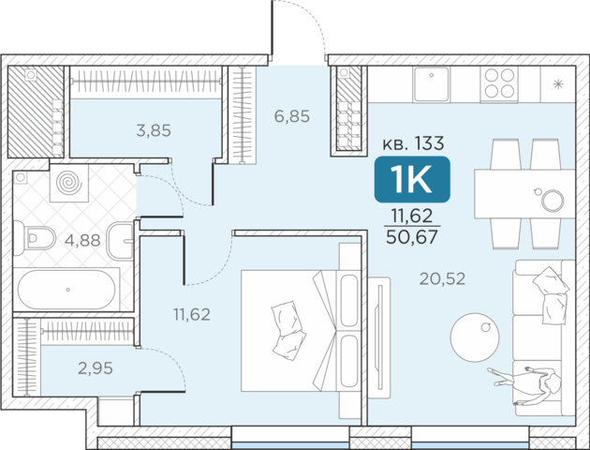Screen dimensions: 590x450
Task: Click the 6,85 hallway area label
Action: [292, 116]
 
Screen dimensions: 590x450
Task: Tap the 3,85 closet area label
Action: [154, 130]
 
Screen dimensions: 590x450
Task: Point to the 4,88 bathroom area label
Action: [82, 240]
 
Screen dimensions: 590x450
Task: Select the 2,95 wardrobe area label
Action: [96, 368]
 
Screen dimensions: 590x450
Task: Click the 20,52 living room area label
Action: [442, 278]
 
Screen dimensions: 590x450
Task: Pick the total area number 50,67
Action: [412, 237]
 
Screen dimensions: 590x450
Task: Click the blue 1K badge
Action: [412, 179]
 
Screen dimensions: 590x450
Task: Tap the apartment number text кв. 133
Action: [413, 143]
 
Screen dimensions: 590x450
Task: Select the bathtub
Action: [66, 290]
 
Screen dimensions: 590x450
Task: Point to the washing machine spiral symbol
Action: [69, 182]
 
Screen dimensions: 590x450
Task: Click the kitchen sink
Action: [431, 84]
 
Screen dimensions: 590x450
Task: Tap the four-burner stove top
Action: [499, 83]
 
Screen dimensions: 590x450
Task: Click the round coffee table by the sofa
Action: [475, 337]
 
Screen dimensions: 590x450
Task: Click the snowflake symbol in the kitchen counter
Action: [558, 84]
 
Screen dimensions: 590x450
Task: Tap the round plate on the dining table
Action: [553, 200]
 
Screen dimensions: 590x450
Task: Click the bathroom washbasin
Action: [121, 241]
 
